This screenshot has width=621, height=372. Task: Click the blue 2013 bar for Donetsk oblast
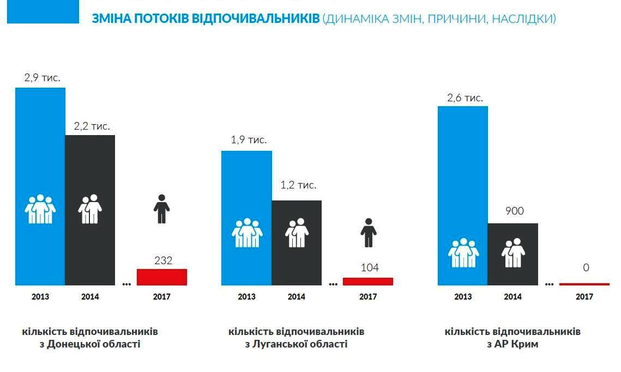point(40,163)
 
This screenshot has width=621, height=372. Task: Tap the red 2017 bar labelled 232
point(162,277)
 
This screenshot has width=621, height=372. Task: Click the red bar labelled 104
point(368,282)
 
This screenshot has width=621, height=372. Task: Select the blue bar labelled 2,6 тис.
point(462,174)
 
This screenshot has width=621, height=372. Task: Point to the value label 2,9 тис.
point(42,78)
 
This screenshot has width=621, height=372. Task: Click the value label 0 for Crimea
point(586,268)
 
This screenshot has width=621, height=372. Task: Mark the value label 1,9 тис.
point(249,140)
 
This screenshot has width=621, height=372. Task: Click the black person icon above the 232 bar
point(161,209)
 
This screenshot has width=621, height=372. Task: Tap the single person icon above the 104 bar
point(369,233)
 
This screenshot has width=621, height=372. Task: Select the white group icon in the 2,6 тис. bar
point(463,253)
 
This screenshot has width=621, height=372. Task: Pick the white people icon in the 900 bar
point(513,253)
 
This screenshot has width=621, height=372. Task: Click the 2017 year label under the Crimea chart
point(584,297)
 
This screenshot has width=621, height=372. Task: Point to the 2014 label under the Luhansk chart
point(296,297)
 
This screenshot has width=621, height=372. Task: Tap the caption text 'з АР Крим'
point(513,344)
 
